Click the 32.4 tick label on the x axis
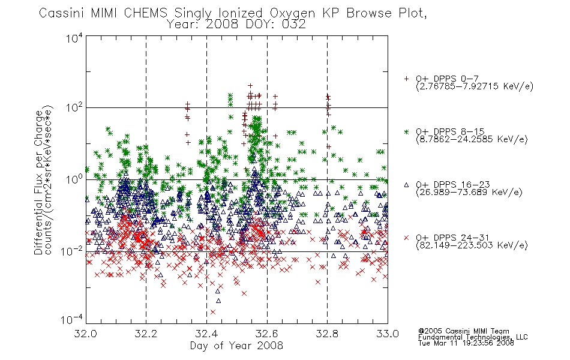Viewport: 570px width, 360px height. pos(206,334)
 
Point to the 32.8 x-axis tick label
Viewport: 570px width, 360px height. pos(327,334)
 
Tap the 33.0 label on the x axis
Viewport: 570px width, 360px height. pos(388,334)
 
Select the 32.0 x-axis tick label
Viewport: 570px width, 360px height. pos(86,334)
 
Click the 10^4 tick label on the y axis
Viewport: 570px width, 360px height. pos(74,38)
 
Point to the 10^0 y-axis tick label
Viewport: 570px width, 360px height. pos(74,179)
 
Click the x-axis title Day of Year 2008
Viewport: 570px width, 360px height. pos(236,346)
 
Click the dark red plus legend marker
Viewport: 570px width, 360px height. pos(406,79)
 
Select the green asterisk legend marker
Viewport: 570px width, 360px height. pos(406,131)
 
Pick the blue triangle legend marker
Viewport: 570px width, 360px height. pos(406,185)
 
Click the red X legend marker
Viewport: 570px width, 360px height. pos(406,238)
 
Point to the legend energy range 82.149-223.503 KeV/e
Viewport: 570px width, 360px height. pos(472,245)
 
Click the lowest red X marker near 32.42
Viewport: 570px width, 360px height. pos(213,312)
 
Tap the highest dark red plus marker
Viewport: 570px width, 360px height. pos(250,86)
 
